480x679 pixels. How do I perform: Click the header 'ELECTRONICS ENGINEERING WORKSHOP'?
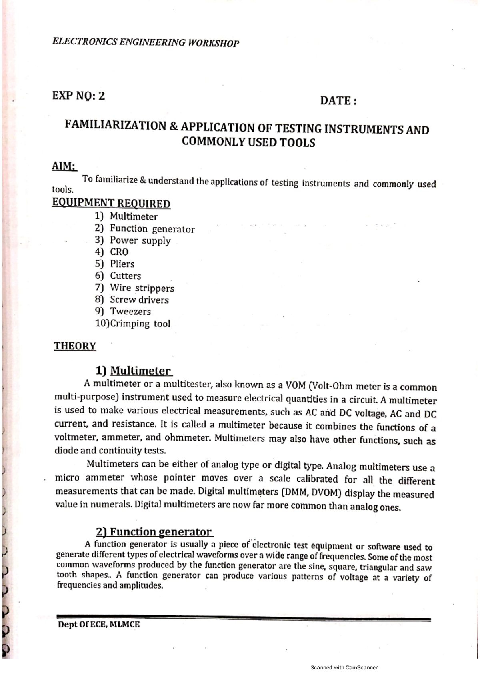point(146,42)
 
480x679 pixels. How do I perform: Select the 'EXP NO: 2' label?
point(79,96)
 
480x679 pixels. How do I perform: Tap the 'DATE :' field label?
point(338,101)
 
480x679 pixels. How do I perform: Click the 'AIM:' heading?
point(64,166)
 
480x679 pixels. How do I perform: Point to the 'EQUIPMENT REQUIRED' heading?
point(111,203)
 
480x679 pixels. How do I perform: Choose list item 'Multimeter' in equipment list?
point(134,216)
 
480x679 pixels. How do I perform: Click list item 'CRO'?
point(119,252)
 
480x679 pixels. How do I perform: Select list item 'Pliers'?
point(122,264)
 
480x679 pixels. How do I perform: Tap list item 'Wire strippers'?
point(142,288)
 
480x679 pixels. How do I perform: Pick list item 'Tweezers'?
point(130,312)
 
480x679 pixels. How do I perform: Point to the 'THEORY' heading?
point(75,346)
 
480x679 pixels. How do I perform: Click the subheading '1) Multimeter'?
point(133,371)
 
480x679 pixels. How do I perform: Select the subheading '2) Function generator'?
point(154,532)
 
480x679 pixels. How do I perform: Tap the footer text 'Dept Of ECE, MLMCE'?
point(99,625)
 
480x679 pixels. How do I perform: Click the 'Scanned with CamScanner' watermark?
point(344,667)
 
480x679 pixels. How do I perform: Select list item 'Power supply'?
point(140,240)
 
